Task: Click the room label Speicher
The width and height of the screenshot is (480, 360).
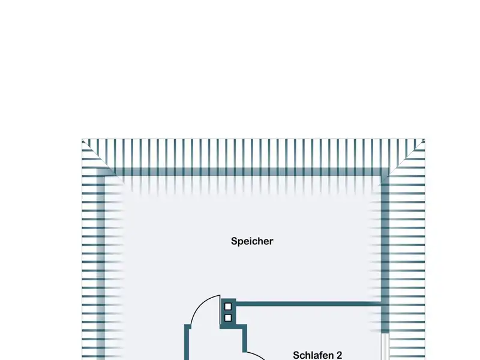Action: click(252, 241)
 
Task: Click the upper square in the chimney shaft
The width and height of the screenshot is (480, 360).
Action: click(228, 307)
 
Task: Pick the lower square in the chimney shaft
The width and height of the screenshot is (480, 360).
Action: click(228, 317)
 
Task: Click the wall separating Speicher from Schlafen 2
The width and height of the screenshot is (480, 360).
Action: click(306, 304)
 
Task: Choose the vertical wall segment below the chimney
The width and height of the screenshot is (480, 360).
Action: click(245, 339)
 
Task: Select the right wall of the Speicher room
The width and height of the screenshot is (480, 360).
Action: click(385, 240)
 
